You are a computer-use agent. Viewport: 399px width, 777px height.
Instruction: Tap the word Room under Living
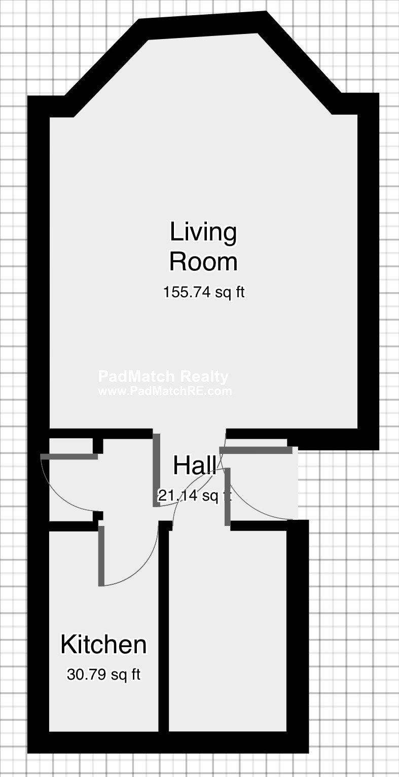(203, 262)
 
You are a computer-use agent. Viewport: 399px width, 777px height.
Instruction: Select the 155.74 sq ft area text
(204, 292)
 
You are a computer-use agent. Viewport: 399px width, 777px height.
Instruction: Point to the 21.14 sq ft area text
(194, 496)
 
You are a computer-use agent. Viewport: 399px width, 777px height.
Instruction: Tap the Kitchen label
(103, 645)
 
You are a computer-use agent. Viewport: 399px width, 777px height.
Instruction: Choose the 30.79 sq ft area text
(103, 675)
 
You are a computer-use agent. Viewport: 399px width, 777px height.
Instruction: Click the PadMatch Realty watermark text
(163, 376)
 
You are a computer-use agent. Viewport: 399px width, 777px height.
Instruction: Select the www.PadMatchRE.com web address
(165, 391)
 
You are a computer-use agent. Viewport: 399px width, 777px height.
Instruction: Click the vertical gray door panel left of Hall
(157, 470)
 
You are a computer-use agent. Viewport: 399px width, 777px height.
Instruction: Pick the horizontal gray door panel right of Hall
(256, 450)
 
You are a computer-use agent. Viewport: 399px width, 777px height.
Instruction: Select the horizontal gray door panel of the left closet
(69, 456)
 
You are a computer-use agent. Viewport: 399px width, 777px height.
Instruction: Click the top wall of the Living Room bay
(203, 26)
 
